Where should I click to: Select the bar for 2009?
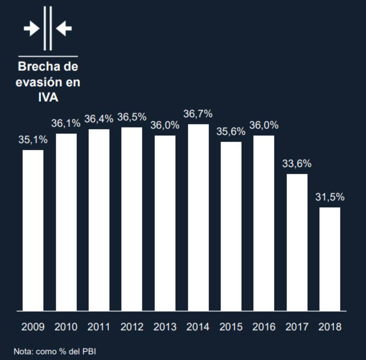(33, 230)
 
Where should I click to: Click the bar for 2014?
(198, 218)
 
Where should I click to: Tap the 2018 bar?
(329, 259)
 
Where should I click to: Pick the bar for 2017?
(297, 242)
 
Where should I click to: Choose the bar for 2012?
(132, 219)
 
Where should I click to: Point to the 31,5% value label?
(330, 198)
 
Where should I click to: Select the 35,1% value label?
(33, 140)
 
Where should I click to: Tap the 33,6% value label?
(296, 164)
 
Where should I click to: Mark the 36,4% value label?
(99, 119)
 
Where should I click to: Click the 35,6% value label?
(231, 131)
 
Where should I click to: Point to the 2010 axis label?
(66, 327)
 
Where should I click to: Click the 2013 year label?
(165, 327)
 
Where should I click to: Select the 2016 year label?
(264, 327)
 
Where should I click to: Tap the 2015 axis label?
(231, 327)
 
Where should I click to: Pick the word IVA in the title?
(48, 98)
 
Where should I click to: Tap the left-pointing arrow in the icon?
(64, 29)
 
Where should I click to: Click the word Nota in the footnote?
(22, 352)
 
